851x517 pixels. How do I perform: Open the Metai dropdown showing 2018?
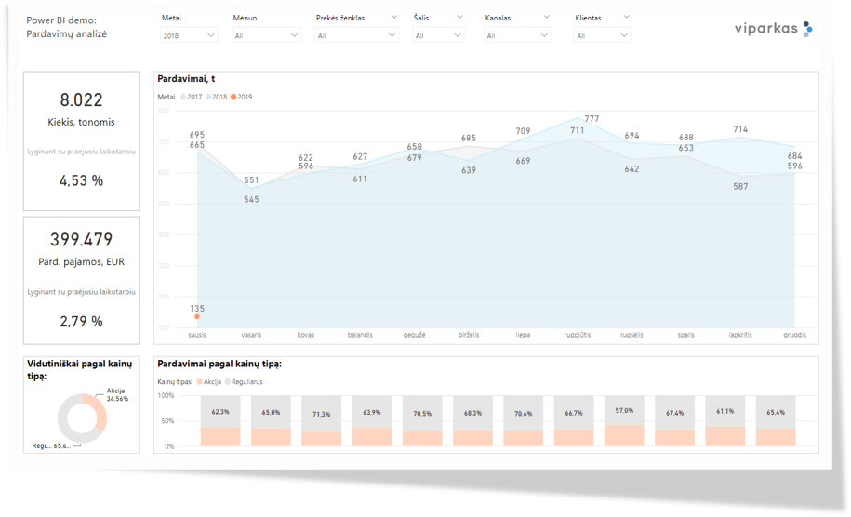[x=189, y=35]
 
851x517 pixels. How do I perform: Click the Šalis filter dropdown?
[x=437, y=35]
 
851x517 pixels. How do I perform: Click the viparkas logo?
[x=767, y=30]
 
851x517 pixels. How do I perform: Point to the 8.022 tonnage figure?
[x=81, y=100]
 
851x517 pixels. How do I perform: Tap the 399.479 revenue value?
[x=81, y=240]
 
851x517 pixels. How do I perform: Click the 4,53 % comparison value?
[x=81, y=180]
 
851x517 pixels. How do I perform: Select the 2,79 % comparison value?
[x=81, y=321]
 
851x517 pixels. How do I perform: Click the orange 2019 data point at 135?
[x=197, y=317]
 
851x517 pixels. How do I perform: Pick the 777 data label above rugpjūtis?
[x=592, y=119]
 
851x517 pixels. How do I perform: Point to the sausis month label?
[x=197, y=335]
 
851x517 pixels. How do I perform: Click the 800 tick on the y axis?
[x=164, y=111]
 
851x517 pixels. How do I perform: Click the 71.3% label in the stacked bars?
[x=321, y=414]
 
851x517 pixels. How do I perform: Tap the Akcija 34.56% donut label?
[x=117, y=394]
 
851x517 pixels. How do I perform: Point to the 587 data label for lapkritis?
[x=740, y=186]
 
